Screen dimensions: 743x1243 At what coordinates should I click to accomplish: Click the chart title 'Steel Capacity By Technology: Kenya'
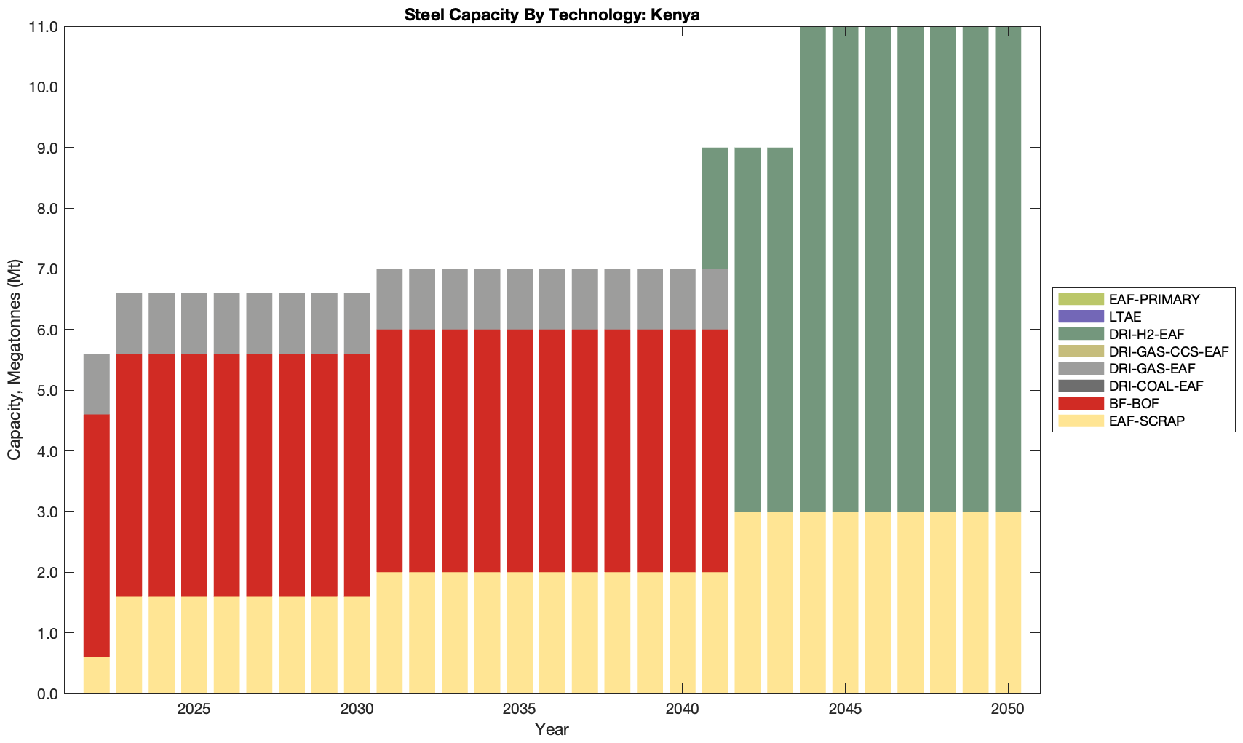click(552, 15)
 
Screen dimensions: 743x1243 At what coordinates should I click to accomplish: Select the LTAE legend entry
click(1125, 317)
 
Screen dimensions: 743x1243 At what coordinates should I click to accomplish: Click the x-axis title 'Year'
click(552, 729)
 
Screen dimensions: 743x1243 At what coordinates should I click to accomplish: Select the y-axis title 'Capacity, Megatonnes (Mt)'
click(15, 359)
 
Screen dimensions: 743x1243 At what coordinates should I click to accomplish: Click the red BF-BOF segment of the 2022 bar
click(97, 536)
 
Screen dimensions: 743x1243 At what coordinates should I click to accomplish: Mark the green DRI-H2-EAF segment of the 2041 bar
click(715, 208)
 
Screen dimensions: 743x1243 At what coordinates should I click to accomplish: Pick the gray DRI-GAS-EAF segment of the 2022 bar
click(97, 384)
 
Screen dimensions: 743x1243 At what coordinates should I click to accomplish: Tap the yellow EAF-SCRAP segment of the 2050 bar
click(1008, 603)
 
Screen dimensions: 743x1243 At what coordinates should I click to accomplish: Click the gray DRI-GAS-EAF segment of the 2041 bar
click(715, 299)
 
